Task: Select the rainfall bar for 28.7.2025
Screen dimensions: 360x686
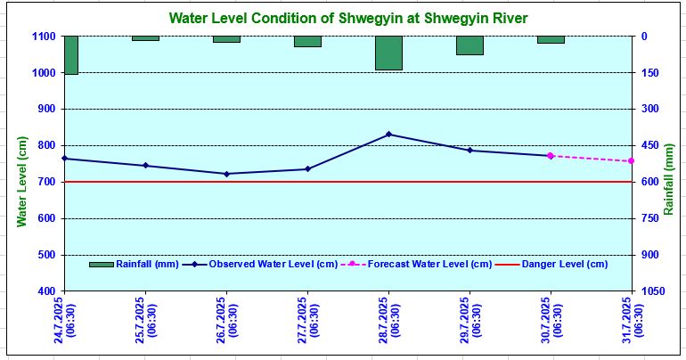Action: (388, 53)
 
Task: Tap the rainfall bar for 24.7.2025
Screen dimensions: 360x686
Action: (70, 55)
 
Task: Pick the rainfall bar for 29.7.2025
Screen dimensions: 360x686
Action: (470, 45)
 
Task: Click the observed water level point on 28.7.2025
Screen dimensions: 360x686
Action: (388, 135)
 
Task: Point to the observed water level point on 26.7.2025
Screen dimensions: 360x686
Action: (226, 174)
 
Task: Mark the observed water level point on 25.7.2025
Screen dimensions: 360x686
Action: (145, 166)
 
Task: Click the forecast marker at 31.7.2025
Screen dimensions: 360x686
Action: (631, 161)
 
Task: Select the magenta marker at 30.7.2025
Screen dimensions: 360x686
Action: (551, 156)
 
